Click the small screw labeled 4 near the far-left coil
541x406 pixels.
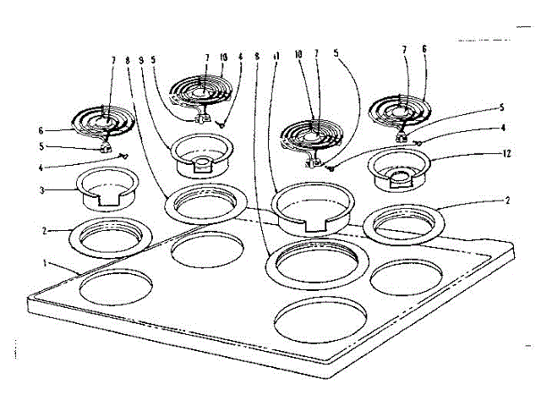125,156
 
